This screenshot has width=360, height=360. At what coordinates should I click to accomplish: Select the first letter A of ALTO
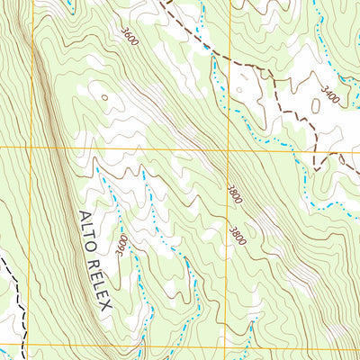[x=81, y=217]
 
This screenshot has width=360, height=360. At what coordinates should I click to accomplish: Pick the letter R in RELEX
[x=92, y=263]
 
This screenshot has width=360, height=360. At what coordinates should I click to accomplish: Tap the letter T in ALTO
[x=87, y=240]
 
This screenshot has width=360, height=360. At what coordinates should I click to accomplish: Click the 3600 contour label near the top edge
[x=130, y=38]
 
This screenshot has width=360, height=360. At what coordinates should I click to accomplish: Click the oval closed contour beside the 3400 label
[x=316, y=105]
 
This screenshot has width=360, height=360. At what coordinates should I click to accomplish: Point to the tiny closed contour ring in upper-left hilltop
[x=105, y=97]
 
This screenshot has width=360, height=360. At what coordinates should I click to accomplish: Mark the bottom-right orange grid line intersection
[x=227, y=346]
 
